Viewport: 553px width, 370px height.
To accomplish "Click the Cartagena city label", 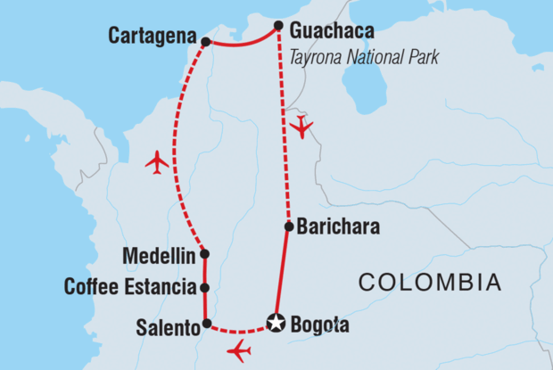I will [x=153, y=37].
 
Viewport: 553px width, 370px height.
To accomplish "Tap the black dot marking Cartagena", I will [x=206, y=42].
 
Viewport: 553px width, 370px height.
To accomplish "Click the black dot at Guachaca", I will [x=279, y=25].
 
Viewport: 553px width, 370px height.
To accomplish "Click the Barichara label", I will [x=339, y=227].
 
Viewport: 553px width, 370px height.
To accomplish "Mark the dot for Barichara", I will [x=288, y=226].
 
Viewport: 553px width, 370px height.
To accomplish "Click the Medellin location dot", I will [x=205, y=254].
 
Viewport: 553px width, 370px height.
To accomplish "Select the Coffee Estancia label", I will [x=130, y=288].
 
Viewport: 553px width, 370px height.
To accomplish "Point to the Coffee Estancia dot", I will [x=205, y=288].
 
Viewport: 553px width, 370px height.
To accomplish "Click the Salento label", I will [x=166, y=327].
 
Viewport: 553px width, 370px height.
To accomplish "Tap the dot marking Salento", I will [x=206, y=324].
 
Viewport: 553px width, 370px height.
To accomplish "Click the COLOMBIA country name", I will [x=429, y=284].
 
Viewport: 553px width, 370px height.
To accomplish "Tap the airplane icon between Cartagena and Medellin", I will [x=157, y=162].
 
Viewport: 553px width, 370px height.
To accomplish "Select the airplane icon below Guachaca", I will [x=302, y=127].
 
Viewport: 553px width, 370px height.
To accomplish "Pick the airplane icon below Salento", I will [x=240, y=351].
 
